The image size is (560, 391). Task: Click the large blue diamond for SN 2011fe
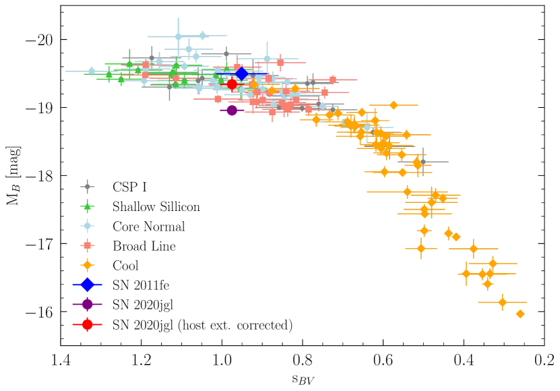(241, 73)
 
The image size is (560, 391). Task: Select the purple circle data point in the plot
(232, 110)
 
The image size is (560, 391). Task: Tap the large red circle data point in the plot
(232, 84)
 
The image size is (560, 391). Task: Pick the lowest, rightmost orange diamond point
(520, 313)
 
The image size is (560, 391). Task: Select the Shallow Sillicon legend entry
(162, 206)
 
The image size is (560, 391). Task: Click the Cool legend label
(127, 266)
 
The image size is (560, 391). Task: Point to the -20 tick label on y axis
(39, 39)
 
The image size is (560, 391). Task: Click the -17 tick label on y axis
(39, 243)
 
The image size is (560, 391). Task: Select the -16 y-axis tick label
(39, 311)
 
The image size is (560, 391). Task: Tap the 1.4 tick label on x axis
(61, 360)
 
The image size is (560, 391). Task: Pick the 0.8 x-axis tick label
(303, 360)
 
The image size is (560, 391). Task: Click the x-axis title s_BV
(302, 379)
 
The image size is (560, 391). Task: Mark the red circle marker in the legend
(87, 325)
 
